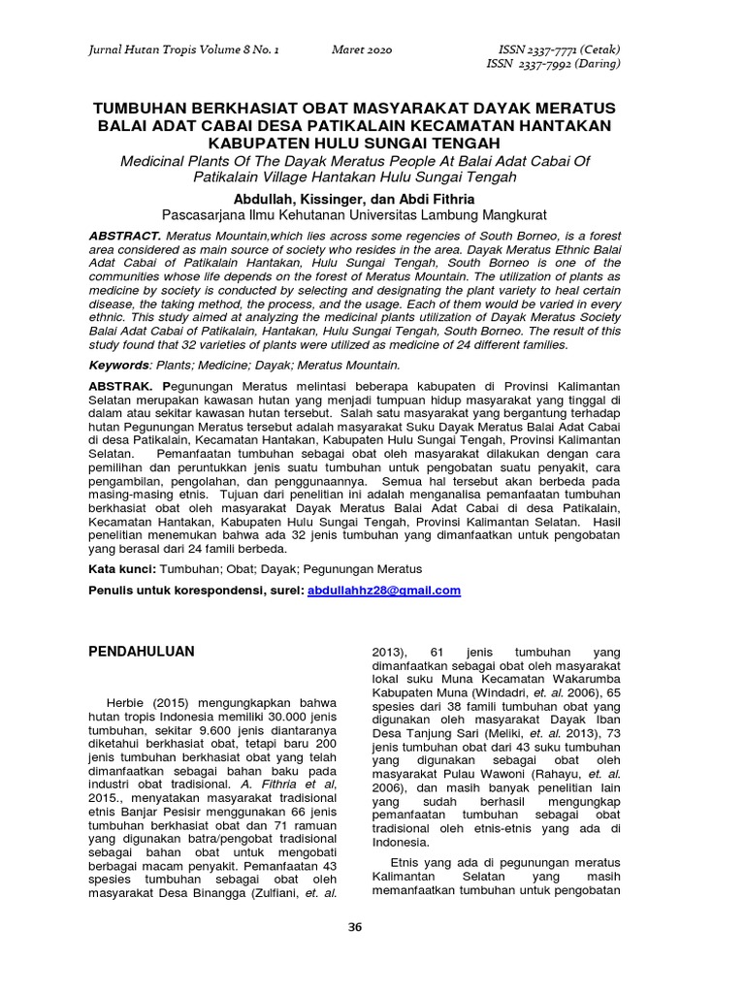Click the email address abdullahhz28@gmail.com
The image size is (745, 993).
pyautogui.click(x=383, y=590)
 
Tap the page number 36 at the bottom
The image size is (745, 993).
pyautogui.click(x=354, y=927)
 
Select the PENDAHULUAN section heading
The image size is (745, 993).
pyautogui.click(x=142, y=652)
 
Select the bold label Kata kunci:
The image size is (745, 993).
pyautogui.click(x=122, y=568)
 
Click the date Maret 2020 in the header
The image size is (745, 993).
pyautogui.click(x=361, y=49)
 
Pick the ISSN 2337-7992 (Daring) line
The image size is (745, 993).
pyautogui.click(x=550, y=64)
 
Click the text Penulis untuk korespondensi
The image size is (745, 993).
pyautogui.click(x=194, y=590)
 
